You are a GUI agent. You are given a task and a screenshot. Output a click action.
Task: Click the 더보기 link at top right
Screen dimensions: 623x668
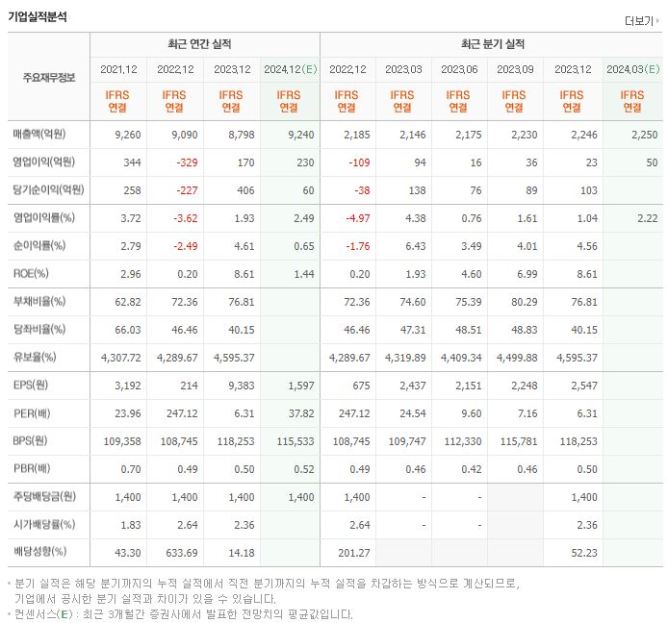[641, 20]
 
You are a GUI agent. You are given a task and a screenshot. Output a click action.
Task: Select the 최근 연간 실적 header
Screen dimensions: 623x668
[204, 44]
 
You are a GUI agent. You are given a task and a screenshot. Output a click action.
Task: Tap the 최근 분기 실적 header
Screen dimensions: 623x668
[492, 44]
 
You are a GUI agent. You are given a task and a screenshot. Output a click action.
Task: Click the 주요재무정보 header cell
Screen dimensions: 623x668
[48, 77]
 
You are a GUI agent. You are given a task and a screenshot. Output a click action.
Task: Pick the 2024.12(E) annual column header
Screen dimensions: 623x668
[290, 69]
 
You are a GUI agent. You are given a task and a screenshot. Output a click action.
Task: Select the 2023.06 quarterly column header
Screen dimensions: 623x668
[459, 69]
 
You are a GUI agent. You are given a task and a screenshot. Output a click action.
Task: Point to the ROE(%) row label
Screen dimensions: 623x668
[32, 274]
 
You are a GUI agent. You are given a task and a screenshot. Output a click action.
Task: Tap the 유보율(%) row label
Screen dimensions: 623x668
[35, 358]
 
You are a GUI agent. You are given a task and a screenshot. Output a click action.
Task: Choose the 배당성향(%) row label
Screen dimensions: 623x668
[39, 553]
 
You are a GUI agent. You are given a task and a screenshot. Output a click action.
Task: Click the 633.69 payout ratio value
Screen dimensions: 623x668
[177, 553]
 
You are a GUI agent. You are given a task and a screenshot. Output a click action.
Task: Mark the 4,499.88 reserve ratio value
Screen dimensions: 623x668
[516, 358]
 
